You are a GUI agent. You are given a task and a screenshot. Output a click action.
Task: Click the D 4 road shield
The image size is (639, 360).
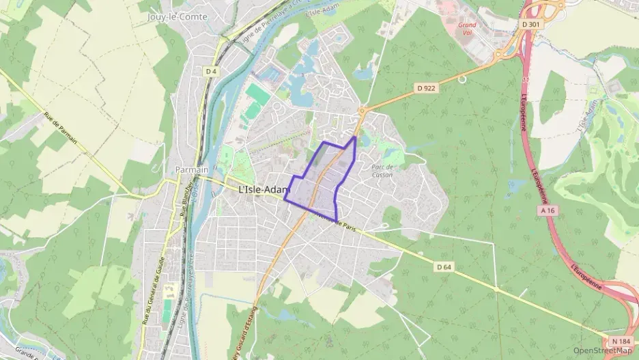(211, 70)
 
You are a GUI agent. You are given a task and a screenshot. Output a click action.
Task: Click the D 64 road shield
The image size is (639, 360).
(444, 266)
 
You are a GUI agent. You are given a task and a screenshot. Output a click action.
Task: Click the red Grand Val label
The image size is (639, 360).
(468, 28)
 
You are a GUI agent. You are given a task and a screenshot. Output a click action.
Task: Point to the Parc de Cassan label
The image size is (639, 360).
(382, 170)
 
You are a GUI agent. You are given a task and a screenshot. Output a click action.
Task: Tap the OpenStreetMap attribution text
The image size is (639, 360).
(603, 350)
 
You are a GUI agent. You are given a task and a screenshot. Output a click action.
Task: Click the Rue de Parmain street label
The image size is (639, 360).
(61, 129)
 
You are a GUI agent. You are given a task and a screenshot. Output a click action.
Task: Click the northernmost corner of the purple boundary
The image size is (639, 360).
(354, 137)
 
